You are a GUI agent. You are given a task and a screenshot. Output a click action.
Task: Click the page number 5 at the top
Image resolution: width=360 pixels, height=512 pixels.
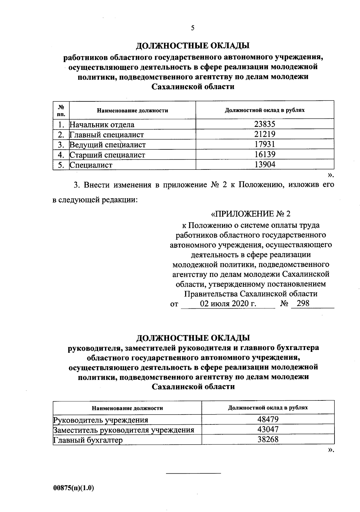192,28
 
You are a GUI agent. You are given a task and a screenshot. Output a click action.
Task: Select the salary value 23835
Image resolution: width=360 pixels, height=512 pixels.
265,124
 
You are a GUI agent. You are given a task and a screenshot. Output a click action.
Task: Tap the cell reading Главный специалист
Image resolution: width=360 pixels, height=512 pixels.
107,135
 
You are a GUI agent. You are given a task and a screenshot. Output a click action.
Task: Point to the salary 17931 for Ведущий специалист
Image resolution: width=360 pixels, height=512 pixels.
265,144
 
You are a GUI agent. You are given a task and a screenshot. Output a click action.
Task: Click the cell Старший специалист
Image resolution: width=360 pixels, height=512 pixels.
107,155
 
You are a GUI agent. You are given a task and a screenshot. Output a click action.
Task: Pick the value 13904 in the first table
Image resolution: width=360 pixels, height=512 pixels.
265,164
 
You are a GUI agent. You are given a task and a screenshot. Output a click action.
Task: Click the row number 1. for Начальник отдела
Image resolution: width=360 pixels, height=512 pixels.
61,124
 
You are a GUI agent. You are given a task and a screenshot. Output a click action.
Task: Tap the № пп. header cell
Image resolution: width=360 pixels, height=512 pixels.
61,110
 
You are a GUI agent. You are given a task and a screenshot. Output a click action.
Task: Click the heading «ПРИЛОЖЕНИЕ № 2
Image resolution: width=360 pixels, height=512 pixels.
251,214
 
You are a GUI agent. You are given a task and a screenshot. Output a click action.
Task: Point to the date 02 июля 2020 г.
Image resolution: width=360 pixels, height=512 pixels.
228,304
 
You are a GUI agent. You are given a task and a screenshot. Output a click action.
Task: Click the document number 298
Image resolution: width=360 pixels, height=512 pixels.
303,303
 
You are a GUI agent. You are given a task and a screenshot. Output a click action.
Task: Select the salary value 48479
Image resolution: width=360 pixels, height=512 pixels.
268,419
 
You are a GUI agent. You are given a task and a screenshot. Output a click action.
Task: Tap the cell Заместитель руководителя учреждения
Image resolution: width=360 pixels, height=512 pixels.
124,430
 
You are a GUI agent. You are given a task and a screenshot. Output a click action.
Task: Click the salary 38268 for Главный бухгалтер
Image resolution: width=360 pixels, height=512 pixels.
268,439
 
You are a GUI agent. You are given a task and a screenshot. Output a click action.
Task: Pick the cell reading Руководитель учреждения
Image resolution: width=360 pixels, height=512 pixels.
100,420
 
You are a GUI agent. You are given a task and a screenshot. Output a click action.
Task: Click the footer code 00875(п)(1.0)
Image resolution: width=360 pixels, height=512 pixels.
73,488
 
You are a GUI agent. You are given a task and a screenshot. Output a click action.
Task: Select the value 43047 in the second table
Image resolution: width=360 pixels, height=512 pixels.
268,429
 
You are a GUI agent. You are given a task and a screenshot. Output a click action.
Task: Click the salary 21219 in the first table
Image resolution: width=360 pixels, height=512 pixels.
265,134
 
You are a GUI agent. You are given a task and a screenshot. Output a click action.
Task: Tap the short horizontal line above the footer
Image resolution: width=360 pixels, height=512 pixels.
193,473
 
